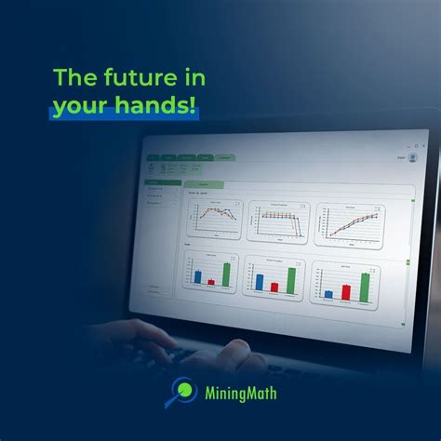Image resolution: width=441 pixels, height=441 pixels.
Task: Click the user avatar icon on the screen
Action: coord(412,158)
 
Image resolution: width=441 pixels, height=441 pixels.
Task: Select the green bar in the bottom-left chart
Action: coord(226,270)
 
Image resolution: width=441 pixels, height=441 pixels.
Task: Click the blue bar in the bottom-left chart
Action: coord(198,276)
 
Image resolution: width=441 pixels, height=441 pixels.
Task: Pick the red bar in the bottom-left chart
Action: coord(211,280)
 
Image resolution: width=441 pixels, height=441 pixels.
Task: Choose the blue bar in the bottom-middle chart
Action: coord(260,282)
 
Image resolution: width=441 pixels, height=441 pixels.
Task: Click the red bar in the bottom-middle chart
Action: coord(274,287)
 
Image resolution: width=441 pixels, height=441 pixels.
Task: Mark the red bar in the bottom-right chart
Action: coord(346,291)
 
